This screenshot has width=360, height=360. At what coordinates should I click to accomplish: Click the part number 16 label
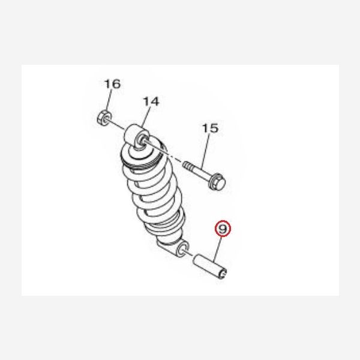coord(112,84)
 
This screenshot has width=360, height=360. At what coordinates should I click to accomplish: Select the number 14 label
coord(151,101)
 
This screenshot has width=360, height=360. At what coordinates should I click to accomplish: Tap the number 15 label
coord(211,128)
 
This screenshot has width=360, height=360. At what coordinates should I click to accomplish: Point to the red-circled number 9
coord(223,229)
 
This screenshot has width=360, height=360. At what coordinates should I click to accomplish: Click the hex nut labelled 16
coord(104,118)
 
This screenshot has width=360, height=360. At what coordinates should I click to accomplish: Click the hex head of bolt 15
coord(217,182)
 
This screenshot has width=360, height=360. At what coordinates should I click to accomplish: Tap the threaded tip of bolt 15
coord(187,165)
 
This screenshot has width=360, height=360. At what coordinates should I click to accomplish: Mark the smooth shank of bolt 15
coord(200,172)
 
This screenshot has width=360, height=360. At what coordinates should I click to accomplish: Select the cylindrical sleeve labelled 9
coord(211,265)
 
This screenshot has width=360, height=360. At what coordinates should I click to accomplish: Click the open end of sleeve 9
coord(223,273)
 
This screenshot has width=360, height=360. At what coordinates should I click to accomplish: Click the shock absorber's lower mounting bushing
coord(183,248)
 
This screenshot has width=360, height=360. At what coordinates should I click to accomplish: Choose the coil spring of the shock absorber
coord(152,188)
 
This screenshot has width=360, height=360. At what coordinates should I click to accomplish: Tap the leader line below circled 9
coord(218,250)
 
